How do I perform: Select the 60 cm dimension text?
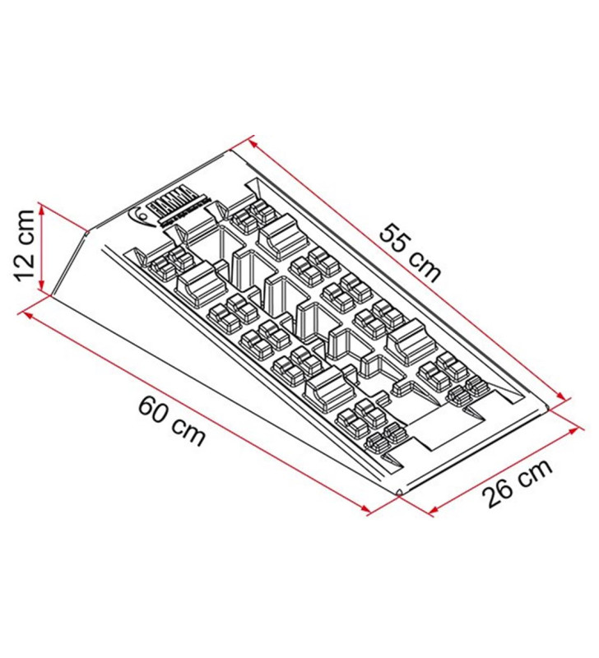[172, 419]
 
